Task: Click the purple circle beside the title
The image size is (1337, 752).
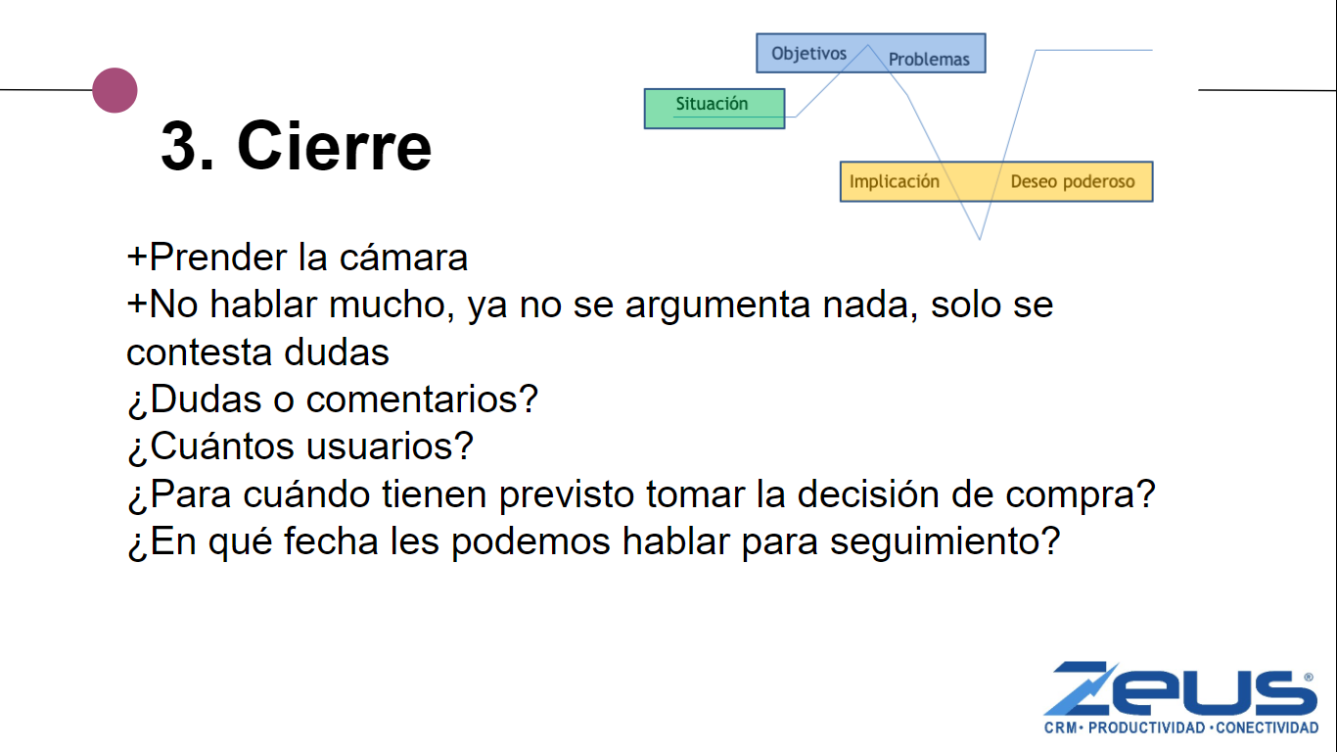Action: click(x=115, y=90)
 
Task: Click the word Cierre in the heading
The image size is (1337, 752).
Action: click(x=335, y=146)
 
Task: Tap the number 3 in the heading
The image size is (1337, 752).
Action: click(x=179, y=147)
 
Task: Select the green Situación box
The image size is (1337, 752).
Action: click(x=715, y=108)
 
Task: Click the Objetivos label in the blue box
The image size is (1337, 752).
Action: click(x=808, y=53)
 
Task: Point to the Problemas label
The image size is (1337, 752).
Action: click(x=929, y=59)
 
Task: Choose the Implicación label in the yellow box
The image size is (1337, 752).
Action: click(x=895, y=181)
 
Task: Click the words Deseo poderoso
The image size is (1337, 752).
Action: click(x=1073, y=181)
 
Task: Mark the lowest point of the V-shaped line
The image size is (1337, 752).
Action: click(x=980, y=240)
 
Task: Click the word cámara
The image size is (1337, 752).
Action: click(x=403, y=258)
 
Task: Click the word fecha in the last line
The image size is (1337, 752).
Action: click(x=331, y=540)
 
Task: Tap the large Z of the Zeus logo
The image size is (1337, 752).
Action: click(x=1081, y=688)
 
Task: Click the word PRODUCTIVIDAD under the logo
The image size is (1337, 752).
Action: click(x=1146, y=728)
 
